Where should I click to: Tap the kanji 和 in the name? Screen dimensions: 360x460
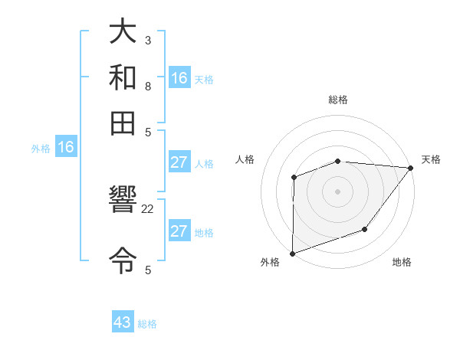pos(123,77)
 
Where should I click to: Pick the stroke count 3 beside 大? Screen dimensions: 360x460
pos(148,40)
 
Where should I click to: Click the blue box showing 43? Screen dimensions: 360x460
pos(123,322)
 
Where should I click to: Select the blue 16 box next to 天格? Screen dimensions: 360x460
pos(179,78)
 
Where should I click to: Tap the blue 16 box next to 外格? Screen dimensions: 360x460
pos(66,148)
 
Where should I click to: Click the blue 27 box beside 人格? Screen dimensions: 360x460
pos(179,162)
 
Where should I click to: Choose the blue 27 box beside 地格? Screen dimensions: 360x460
pos(179,231)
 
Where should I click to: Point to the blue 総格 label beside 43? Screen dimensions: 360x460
pos(147,324)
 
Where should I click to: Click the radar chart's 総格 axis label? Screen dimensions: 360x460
pos(338,100)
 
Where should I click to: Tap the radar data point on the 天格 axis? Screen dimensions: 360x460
pos(411,168)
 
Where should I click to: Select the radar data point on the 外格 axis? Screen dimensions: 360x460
pos(293,253)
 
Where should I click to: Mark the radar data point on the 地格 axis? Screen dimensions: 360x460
pos(365,229)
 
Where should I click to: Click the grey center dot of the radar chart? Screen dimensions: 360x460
pos(338,191)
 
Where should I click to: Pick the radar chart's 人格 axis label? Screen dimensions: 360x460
pos(245,159)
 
